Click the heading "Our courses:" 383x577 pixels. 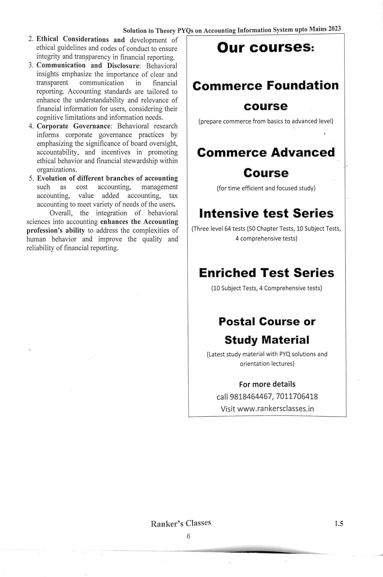(265, 48)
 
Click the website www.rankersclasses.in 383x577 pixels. (275, 409)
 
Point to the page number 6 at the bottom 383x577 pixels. (188, 536)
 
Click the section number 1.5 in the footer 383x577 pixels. (338, 524)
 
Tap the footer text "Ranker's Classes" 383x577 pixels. (181, 524)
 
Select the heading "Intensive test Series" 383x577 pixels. (266, 213)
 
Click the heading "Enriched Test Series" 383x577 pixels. (266, 273)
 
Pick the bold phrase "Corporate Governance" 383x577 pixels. (73, 126)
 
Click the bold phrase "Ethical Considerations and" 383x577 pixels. (80, 39)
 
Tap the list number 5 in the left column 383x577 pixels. (31, 178)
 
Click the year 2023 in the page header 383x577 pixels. (334, 29)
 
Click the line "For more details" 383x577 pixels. (267, 384)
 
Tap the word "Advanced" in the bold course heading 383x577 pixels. (303, 152)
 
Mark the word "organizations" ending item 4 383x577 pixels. (56, 170)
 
